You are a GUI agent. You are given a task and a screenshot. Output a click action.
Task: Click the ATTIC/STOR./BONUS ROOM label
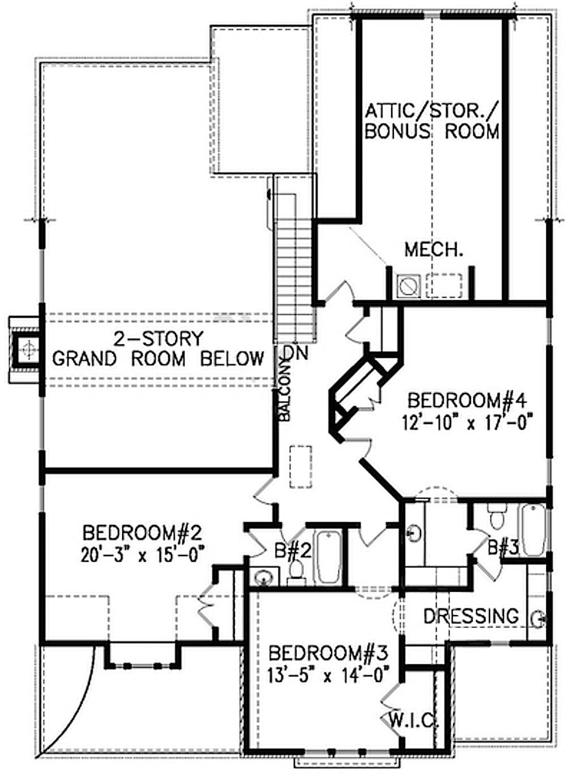[432, 121]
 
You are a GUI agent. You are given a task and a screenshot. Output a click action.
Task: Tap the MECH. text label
[433, 249]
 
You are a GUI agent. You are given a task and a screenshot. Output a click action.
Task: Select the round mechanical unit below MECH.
[407, 285]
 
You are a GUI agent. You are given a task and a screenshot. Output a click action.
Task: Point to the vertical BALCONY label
[285, 391]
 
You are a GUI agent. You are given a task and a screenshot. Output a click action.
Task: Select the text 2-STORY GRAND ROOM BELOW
[158, 349]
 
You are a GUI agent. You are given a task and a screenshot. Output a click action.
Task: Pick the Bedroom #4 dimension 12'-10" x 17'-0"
[468, 422]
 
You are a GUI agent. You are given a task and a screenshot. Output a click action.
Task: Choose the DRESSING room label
[470, 616]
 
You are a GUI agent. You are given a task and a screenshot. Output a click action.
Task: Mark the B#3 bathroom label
[503, 547]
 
